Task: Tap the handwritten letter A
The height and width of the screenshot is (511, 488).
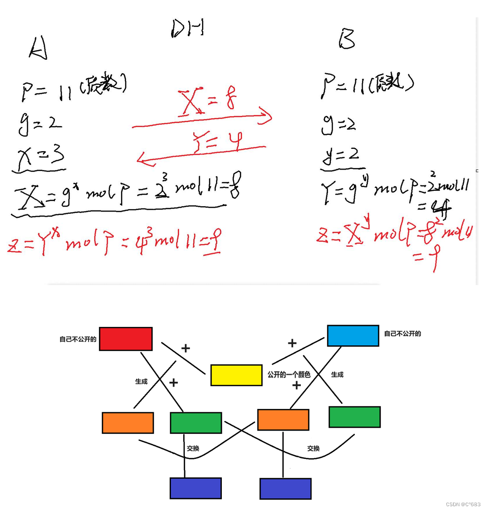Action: (x=38, y=49)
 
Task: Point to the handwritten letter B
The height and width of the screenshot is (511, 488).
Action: (x=347, y=39)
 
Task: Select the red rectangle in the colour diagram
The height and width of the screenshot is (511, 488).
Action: (x=126, y=339)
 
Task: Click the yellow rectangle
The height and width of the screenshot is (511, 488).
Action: (x=236, y=375)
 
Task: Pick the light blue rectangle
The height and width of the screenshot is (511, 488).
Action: (x=352, y=336)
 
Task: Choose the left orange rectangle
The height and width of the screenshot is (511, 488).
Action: (x=128, y=422)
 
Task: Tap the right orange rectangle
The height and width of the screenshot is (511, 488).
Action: (x=283, y=419)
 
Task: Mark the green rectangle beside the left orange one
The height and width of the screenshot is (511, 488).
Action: (x=196, y=423)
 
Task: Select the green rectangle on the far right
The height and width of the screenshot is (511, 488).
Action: (x=354, y=417)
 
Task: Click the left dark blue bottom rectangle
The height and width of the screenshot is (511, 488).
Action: (x=196, y=488)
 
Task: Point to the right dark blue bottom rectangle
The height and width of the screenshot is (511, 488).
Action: (x=285, y=488)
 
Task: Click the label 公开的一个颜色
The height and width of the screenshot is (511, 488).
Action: (x=289, y=374)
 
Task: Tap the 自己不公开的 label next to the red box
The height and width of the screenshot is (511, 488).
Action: (x=78, y=339)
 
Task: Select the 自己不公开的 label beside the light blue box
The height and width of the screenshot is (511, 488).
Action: (x=402, y=333)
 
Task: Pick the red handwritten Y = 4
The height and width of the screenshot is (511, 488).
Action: (x=217, y=141)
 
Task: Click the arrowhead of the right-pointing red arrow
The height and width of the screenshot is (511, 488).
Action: (x=267, y=117)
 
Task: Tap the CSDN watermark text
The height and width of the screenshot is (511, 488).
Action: (x=463, y=504)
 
